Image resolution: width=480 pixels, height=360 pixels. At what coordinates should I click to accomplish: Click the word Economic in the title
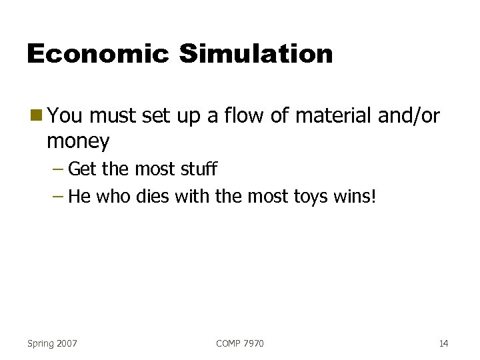coord(97,54)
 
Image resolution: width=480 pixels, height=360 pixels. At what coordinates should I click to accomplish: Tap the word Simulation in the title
coord(255,54)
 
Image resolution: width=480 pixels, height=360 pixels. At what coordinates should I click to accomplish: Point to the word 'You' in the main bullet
coord(65,117)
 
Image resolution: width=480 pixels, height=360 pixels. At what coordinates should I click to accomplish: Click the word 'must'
coord(115,117)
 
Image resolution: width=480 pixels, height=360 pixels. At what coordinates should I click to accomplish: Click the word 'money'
coord(78,141)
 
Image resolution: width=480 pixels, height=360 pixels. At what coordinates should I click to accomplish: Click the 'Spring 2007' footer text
coord(52,343)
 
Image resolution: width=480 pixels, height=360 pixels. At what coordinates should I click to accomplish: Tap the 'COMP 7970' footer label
coord(240,343)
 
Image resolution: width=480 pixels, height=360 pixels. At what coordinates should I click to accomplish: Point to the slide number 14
coord(443,343)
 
